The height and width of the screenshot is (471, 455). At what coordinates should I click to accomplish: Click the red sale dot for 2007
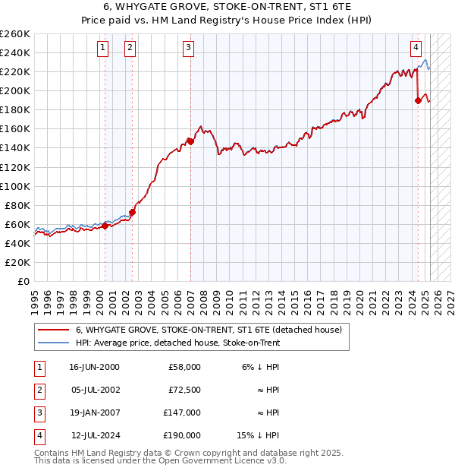190,141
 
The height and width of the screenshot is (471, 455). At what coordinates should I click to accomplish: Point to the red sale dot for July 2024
418,100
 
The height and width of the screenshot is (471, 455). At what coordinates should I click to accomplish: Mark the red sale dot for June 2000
105,226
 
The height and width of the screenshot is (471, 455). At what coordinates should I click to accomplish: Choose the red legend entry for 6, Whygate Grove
209,330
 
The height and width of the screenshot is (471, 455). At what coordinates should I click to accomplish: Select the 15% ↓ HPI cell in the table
259,435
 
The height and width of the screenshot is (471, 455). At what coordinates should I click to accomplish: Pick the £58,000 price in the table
184,367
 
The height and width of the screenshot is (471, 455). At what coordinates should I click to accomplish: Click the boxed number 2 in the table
39,390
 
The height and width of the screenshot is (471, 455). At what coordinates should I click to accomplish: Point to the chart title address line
227,9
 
